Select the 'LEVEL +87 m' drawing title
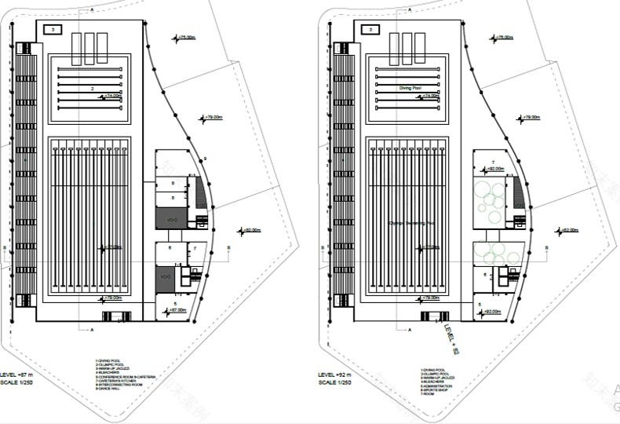coord(22,375)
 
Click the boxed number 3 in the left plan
coord(53,29)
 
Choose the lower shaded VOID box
coord(166,278)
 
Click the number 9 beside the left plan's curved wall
coord(205,159)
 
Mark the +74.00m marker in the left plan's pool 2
coord(112,96)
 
